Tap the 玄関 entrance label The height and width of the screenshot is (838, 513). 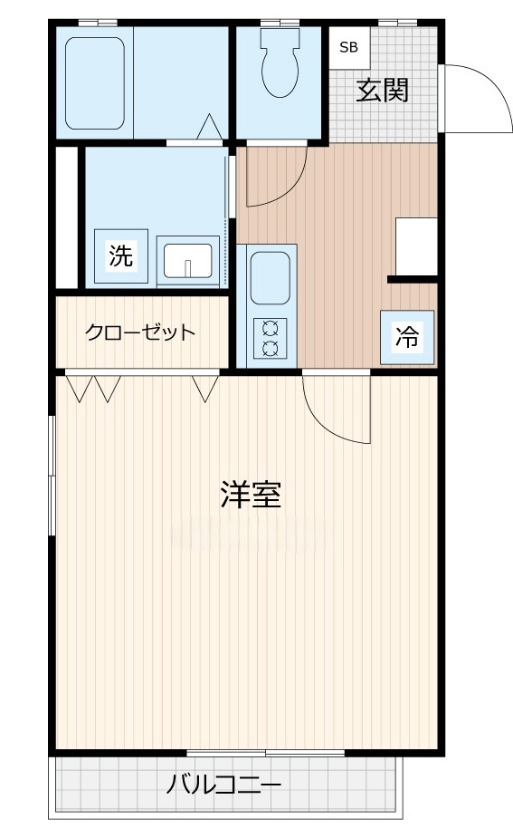383,91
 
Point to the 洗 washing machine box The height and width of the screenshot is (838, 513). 119,256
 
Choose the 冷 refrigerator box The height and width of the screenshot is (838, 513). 407,337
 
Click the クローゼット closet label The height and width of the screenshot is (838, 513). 140,332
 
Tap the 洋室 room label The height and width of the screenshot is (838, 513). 251,495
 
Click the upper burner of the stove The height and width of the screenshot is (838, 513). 270,328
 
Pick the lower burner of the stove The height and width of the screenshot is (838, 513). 270,348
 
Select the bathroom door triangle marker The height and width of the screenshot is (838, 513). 209,127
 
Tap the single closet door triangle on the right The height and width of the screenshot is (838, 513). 206,387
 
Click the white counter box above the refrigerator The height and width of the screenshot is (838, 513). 416,245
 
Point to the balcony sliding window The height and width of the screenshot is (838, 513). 266,754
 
